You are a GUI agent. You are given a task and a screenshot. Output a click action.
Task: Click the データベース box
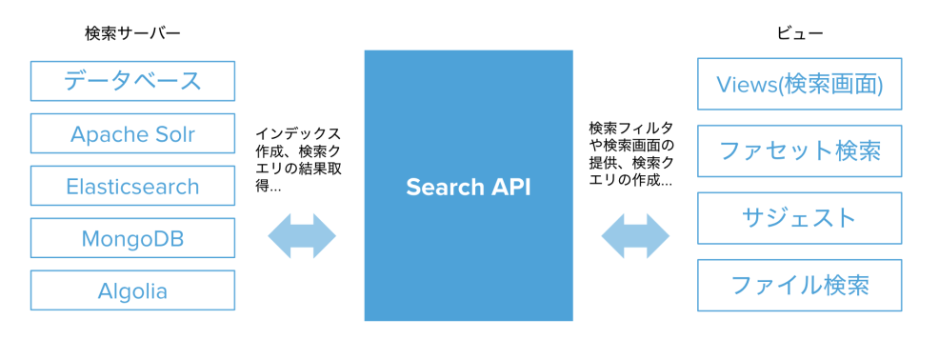(132, 81)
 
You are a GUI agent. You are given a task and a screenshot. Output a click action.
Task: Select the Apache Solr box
(132, 134)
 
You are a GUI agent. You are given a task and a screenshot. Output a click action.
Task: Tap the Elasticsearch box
(132, 186)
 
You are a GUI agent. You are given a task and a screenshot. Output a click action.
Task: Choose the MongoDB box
(132, 238)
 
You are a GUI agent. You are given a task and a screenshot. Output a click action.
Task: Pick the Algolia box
(132, 290)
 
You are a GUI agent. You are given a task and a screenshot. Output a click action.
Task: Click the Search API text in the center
(468, 187)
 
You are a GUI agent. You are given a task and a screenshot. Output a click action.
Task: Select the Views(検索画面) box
(800, 86)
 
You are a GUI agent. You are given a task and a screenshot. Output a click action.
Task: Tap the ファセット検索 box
(800, 151)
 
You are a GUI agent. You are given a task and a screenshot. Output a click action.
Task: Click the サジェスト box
(800, 217)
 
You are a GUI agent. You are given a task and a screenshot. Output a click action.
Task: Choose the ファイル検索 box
(800, 284)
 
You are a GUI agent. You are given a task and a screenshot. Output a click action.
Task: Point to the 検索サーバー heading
(132, 33)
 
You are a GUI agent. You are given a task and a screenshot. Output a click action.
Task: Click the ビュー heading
(800, 33)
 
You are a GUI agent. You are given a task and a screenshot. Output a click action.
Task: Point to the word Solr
(172, 134)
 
